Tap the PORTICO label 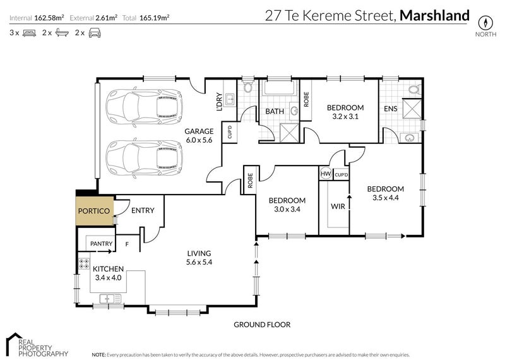(x=94, y=211)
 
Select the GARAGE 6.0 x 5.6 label (x=198, y=136)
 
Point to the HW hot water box (x=326, y=174)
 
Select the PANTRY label (x=102, y=244)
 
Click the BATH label (x=274, y=112)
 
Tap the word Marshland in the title (x=436, y=15)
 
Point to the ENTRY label (x=143, y=211)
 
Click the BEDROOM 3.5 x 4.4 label (x=385, y=193)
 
